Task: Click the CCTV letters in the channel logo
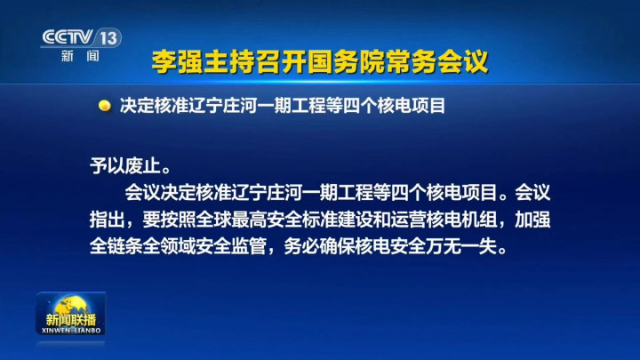68,37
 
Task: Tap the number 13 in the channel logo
108,38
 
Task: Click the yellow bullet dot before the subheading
105,106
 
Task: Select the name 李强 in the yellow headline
178,62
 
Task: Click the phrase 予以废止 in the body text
125,165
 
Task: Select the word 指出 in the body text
108,220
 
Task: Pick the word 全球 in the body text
213,220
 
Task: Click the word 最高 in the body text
249,220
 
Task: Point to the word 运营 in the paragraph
408,220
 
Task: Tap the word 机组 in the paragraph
479,220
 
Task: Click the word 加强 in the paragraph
532,220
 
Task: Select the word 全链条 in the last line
116,246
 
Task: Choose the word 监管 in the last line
249,246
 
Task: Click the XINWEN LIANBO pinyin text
71,330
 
